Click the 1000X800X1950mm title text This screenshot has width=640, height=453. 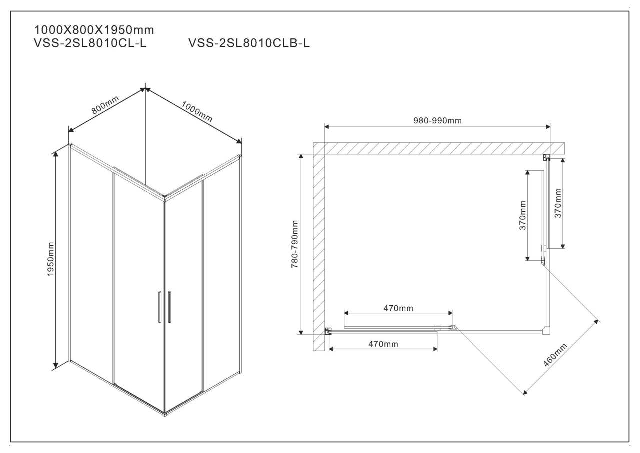94,30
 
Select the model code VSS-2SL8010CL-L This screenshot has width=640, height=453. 90,43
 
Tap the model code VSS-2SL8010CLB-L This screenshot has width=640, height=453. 249,43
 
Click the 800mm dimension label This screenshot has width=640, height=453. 105,105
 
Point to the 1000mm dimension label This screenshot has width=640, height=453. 197,111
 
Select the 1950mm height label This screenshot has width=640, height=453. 51,259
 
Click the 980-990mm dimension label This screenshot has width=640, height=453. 437,121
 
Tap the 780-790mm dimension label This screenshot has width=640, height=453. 295,244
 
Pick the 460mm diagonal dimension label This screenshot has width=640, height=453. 555,355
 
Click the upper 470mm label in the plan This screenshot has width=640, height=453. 398,308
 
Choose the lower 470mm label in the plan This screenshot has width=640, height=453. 383,344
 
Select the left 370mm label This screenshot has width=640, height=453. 523,215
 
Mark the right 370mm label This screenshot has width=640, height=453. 558,203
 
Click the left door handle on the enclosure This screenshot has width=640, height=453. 160,307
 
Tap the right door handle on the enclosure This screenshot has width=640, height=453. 169,307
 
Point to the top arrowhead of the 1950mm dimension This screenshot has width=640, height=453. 56,154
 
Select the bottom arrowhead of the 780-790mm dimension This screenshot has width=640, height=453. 301,332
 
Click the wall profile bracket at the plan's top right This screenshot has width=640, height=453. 546,157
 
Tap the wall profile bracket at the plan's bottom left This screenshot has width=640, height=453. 328,331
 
